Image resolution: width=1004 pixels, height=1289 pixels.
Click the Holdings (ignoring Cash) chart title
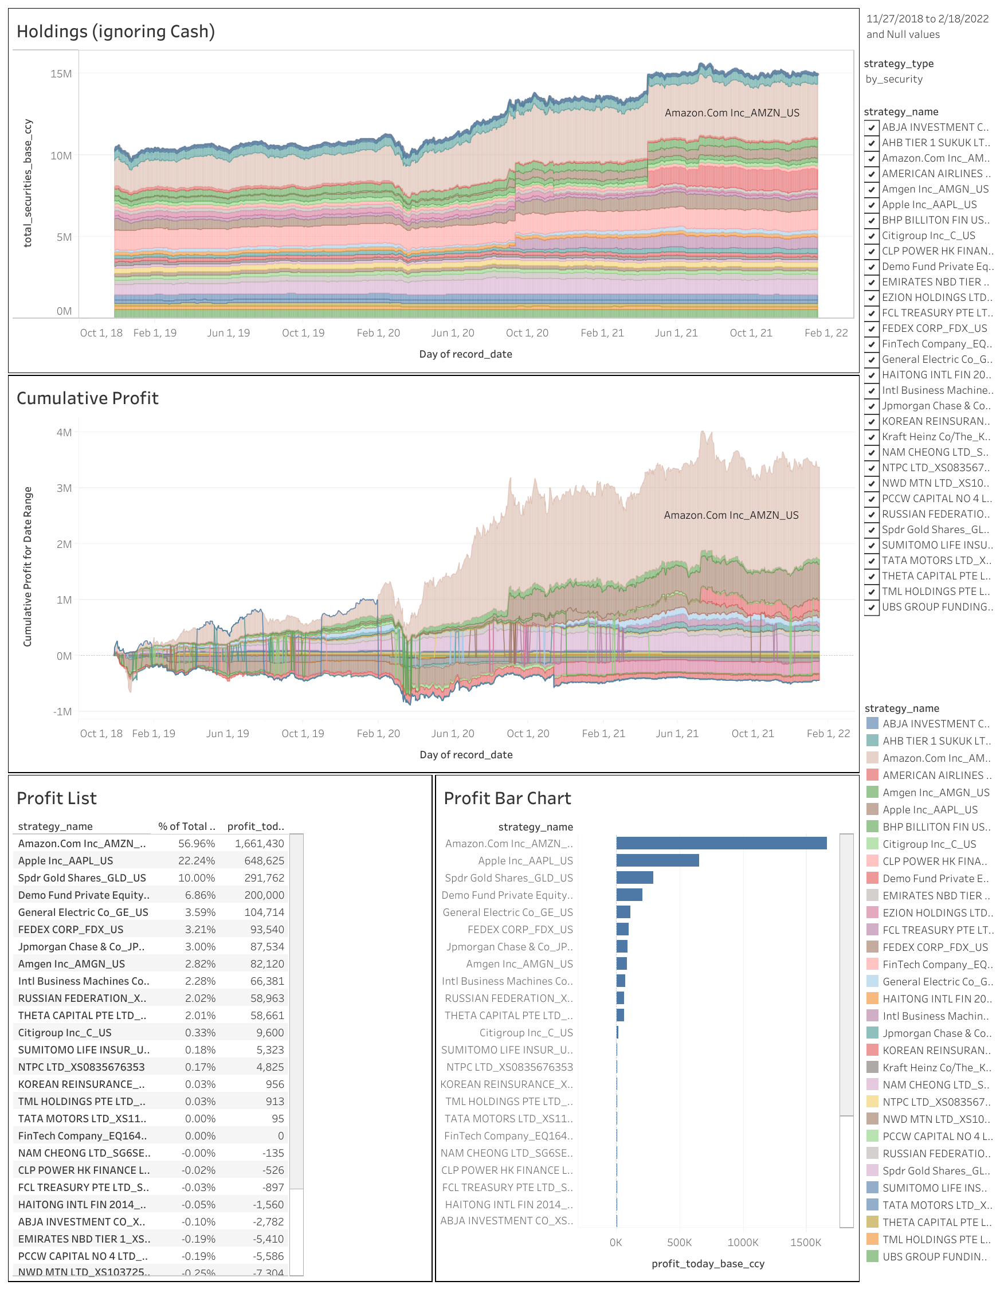point(116,32)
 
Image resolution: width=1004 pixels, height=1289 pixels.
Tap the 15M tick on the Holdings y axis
point(61,74)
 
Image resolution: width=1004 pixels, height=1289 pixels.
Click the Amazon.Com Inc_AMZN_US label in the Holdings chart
point(732,113)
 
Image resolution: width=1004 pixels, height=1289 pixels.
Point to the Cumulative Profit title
point(87,398)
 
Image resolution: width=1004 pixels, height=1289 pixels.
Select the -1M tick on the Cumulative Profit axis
point(62,712)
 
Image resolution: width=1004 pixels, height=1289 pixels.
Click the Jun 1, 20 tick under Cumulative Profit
point(453,734)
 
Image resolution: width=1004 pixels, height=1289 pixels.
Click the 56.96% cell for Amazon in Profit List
point(197,844)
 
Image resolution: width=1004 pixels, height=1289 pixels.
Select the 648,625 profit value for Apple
point(264,860)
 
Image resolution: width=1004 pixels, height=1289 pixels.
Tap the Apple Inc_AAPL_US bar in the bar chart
point(657,860)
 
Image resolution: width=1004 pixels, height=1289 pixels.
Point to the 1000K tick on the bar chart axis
point(743,1243)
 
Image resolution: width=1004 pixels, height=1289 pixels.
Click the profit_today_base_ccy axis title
point(708,1264)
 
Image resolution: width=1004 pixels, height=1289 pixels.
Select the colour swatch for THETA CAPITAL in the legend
point(872,1223)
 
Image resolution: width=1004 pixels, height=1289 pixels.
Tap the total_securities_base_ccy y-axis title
point(28,183)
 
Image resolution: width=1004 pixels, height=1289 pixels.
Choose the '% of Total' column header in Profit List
point(186,826)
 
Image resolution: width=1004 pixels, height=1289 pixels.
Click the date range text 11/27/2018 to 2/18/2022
point(927,19)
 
